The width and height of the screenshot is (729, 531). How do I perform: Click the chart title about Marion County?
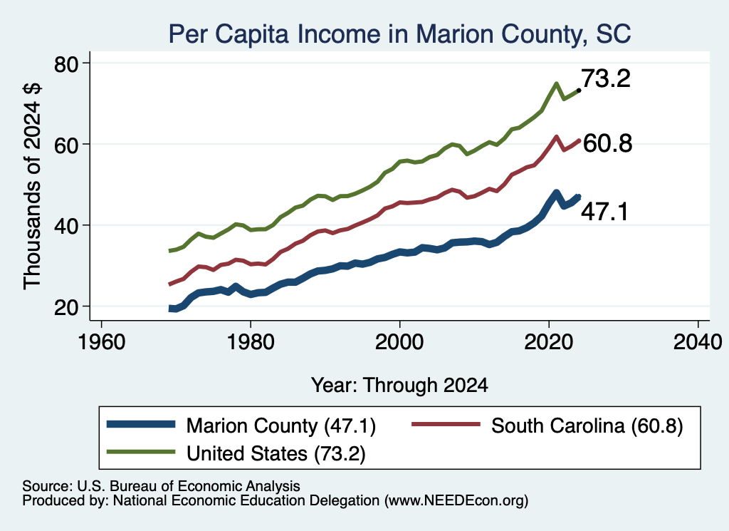point(399,34)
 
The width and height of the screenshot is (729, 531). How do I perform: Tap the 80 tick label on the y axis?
point(66,64)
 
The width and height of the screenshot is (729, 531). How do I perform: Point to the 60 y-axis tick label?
point(66,145)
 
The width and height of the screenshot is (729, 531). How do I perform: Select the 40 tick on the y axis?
point(66,226)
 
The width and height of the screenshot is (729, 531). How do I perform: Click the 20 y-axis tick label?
point(66,307)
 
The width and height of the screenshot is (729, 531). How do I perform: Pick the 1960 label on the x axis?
point(101,342)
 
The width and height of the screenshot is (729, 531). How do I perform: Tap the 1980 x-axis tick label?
point(251,342)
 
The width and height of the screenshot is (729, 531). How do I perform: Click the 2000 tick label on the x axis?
point(399,342)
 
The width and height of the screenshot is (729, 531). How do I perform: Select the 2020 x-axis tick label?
point(549,342)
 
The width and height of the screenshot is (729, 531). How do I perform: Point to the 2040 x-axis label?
point(698,342)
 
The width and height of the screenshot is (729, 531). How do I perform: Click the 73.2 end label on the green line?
point(606,78)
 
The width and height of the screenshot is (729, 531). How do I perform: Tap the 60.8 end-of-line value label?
point(607,143)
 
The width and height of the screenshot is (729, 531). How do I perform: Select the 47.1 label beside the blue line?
point(604,212)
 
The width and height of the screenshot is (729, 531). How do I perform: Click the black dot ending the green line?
point(578,91)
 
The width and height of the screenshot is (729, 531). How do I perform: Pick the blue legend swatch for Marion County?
point(141,424)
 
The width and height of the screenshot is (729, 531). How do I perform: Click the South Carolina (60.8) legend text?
point(587,426)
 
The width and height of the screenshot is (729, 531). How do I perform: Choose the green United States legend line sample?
point(141,452)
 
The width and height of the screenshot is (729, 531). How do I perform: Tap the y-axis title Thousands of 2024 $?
point(32,186)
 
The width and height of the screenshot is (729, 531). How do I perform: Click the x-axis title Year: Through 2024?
point(399,386)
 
